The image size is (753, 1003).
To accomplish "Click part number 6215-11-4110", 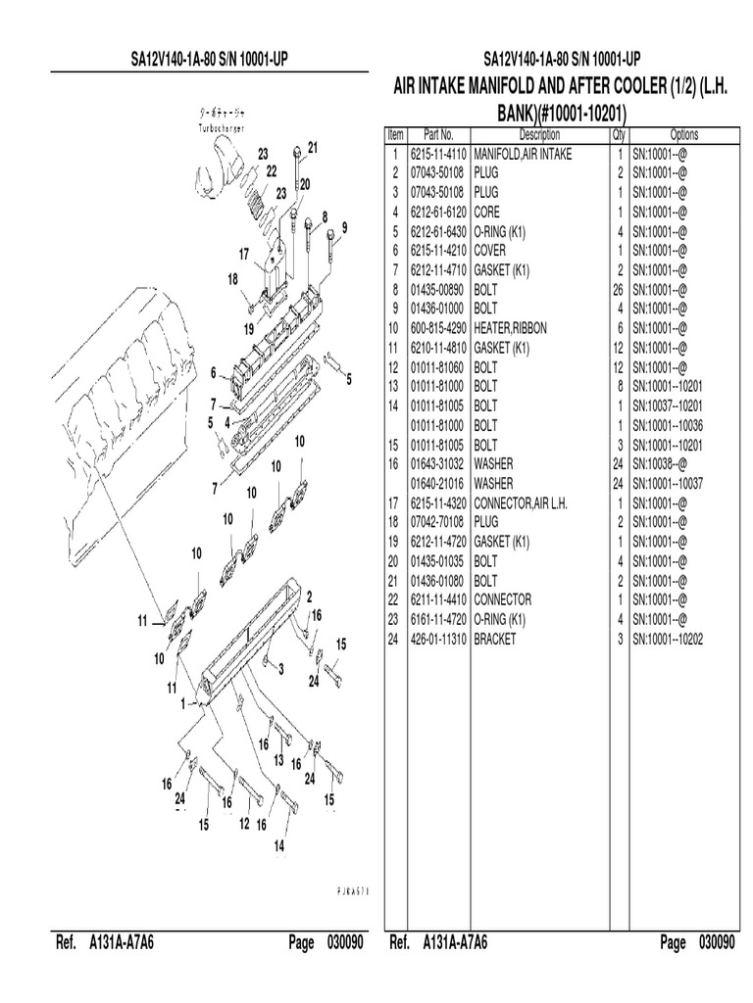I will click(x=438, y=154).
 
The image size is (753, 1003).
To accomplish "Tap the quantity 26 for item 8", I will click(x=620, y=289).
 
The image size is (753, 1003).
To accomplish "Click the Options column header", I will click(x=683, y=135).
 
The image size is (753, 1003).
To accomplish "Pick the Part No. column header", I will click(x=438, y=135).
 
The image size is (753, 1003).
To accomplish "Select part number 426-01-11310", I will click(x=438, y=638).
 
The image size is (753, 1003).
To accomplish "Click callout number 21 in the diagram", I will click(x=313, y=148).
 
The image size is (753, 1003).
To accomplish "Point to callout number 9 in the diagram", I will click(x=343, y=228).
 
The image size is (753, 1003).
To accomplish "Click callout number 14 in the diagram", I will click(x=278, y=846).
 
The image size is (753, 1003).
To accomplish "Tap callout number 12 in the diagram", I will click(x=244, y=826).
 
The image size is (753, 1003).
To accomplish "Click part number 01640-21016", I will click(x=438, y=483).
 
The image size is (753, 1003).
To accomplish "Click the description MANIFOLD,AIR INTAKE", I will click(x=523, y=154).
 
